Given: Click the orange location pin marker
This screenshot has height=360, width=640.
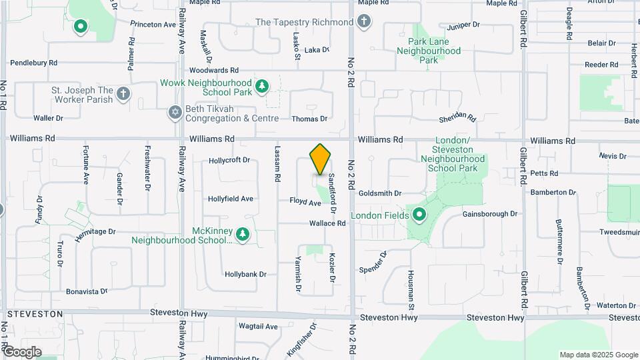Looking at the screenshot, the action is click(x=321, y=159).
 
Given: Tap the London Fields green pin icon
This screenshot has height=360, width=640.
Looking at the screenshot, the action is click(x=419, y=215).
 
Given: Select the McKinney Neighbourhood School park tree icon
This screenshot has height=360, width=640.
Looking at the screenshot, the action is click(x=243, y=234).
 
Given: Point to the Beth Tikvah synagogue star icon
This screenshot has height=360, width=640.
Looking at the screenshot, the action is click(x=175, y=112).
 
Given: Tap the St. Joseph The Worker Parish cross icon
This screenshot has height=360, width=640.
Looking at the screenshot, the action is click(x=123, y=93).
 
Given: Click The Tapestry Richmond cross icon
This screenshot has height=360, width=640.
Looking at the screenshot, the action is click(x=363, y=22).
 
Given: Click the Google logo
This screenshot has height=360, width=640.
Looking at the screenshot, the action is click(x=22, y=351).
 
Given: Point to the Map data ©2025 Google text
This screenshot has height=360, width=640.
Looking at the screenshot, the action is click(x=599, y=355).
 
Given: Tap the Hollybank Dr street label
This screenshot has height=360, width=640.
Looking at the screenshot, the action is click(x=245, y=274).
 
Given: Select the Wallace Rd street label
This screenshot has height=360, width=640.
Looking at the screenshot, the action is click(x=327, y=223).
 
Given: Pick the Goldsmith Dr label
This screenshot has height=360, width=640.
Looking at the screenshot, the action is click(x=379, y=193).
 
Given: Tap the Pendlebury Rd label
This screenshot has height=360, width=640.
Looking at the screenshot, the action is click(x=33, y=63).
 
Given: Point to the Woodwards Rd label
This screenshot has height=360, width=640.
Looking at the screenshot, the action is click(x=213, y=70).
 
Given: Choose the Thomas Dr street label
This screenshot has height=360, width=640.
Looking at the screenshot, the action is click(x=310, y=119).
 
